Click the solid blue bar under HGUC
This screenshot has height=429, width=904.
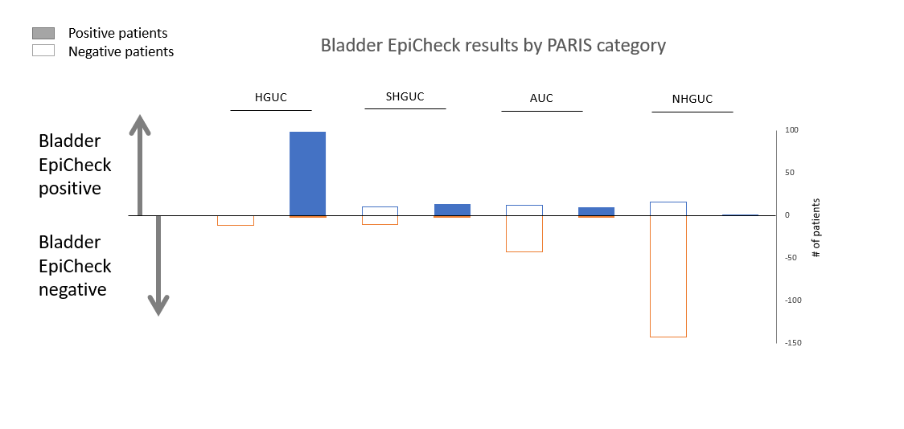(x=307, y=174)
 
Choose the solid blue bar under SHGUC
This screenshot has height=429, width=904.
(x=452, y=210)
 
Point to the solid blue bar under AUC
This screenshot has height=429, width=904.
(x=596, y=211)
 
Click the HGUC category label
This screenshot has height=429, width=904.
(x=271, y=98)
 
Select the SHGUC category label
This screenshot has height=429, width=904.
(x=405, y=96)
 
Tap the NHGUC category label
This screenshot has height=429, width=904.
(x=692, y=99)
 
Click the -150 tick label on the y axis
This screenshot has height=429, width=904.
(x=793, y=342)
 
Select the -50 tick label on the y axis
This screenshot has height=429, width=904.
(x=791, y=257)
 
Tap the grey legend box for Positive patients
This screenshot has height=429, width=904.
(x=43, y=34)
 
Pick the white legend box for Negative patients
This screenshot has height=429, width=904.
(x=43, y=51)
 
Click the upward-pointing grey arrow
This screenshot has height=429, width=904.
(x=139, y=165)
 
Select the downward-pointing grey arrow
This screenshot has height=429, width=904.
(x=158, y=266)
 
